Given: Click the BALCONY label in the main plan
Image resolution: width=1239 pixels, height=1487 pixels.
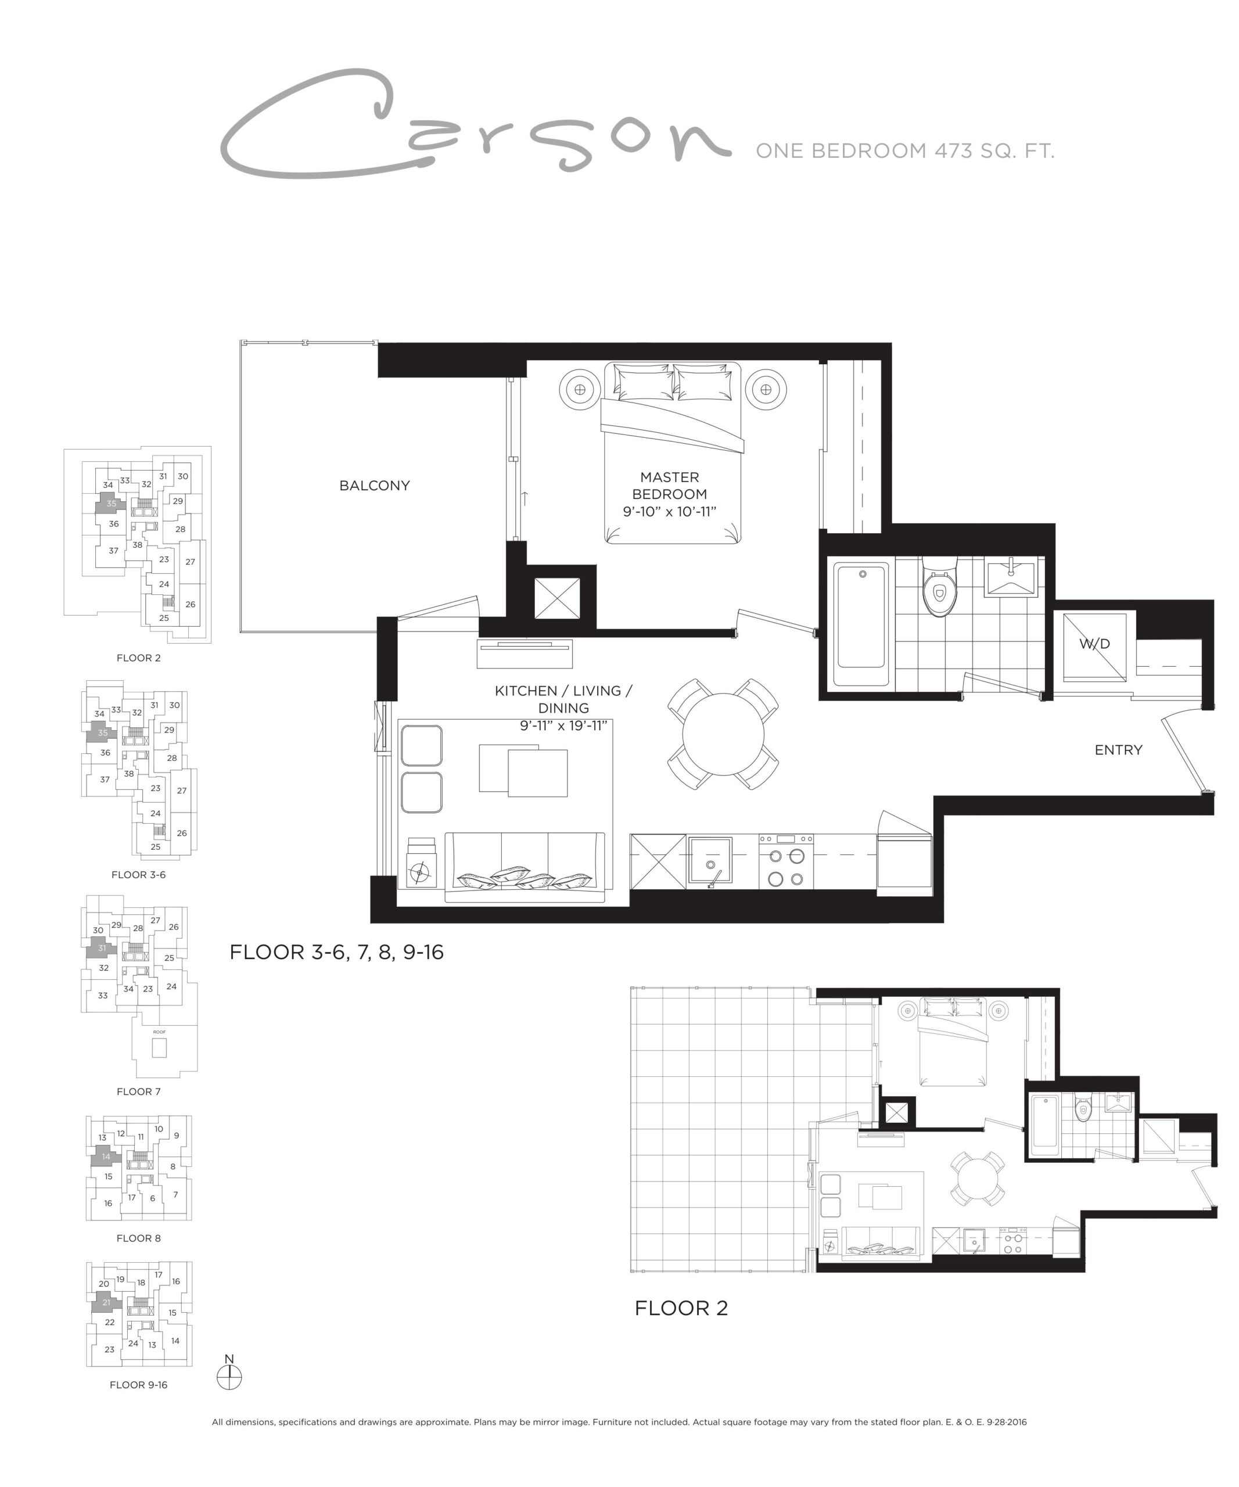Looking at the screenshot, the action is [x=374, y=486].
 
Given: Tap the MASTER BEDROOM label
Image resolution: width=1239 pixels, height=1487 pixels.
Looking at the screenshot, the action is [x=669, y=486].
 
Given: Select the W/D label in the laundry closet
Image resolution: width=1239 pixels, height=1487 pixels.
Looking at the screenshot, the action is [x=1094, y=644].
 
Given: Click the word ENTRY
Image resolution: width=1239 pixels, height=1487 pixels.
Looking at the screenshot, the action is [x=1118, y=750].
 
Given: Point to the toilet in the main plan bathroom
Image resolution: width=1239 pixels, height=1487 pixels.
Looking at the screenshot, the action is [x=939, y=586].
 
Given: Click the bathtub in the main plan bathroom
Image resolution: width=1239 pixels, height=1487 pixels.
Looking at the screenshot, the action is [x=861, y=624].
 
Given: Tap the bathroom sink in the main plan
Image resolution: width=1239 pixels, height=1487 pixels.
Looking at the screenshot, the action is [x=1011, y=576].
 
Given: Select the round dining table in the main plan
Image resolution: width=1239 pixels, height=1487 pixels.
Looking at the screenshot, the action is [x=723, y=734].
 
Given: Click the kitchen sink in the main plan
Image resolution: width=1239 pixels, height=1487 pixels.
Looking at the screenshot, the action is [x=710, y=860].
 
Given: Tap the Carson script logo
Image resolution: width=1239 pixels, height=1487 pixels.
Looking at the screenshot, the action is [x=475, y=122].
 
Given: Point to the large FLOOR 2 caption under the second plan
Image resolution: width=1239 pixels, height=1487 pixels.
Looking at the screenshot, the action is [x=681, y=1308].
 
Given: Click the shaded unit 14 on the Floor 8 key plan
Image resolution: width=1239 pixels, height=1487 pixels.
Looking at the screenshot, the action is [x=105, y=1156].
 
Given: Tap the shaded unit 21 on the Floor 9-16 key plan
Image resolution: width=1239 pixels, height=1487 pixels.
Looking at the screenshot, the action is [x=106, y=1302].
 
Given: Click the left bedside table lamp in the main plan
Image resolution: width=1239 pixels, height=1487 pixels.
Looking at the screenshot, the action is [x=580, y=389].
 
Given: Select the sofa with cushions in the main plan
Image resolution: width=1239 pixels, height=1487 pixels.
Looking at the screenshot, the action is [x=525, y=867].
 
